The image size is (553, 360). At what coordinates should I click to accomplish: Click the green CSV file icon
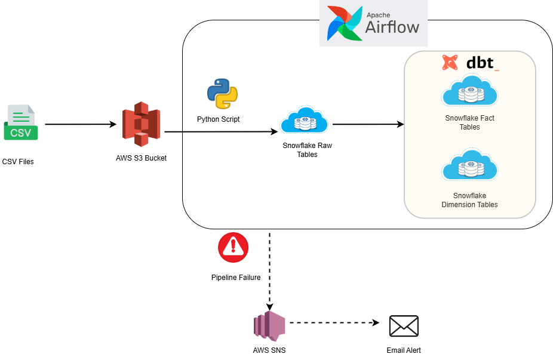tap(21, 122)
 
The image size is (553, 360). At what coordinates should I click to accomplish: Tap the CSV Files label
tap(18, 161)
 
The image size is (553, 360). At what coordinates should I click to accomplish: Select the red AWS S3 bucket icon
tap(141, 124)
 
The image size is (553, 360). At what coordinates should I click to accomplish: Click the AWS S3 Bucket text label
tap(141, 158)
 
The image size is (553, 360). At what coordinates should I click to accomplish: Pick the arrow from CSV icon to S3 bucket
tap(81, 125)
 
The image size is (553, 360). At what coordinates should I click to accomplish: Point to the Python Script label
tap(218, 119)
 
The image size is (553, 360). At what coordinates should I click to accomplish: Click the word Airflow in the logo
tap(392, 27)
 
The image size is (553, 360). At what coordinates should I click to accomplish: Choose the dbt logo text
tap(480, 62)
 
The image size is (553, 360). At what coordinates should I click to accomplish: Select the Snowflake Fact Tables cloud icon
tap(470, 91)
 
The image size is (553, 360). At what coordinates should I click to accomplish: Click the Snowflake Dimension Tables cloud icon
tap(470, 167)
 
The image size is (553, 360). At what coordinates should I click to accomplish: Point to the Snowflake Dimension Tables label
tap(469, 200)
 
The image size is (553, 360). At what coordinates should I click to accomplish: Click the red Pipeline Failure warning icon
tap(234, 248)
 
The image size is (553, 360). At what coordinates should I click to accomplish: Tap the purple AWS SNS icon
tap(269, 326)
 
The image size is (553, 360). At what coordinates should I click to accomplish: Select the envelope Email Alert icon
tap(404, 326)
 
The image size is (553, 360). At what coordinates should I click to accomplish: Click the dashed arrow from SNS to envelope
tap(334, 323)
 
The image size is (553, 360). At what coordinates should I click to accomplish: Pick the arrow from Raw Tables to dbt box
tap(368, 125)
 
